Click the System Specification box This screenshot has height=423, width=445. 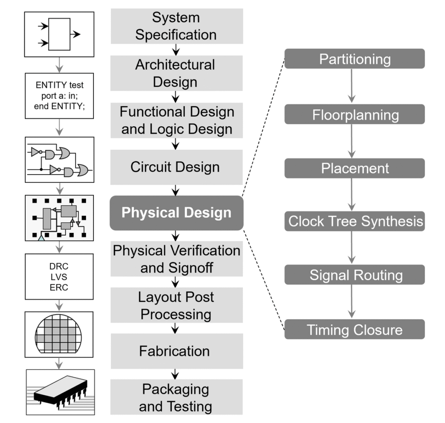[176, 26]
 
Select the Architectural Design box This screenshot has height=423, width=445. [176, 73]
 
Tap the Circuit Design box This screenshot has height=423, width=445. [176, 167]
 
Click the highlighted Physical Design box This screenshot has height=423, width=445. [176, 213]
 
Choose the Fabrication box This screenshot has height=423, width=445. [176, 351]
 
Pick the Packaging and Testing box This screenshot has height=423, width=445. [176, 397]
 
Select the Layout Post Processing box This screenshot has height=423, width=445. [176, 305]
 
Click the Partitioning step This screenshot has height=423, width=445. [354, 59]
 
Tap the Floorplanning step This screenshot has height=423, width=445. [354, 114]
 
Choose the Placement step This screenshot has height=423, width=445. [354, 168]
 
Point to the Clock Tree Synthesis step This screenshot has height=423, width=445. [354, 222]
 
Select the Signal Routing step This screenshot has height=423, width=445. [354, 275]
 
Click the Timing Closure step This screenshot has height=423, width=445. [354, 329]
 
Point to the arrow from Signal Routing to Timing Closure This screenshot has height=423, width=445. [352, 302]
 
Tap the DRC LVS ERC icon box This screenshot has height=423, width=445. [60, 276]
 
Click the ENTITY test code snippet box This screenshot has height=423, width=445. [60, 96]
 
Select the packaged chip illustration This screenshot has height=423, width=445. [60, 392]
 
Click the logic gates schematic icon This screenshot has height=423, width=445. [60, 159]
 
